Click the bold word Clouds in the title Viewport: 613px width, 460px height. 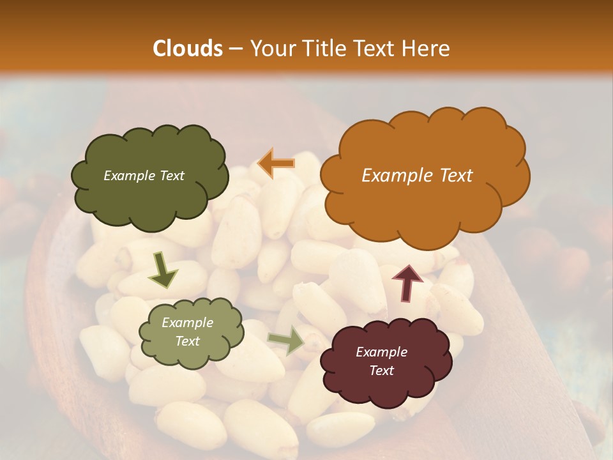tap(188, 49)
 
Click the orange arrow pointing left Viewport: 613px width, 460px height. tap(276, 164)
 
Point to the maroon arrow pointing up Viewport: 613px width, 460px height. tap(407, 282)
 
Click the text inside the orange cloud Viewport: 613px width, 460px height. tap(417, 176)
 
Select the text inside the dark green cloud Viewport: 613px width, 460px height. tap(144, 176)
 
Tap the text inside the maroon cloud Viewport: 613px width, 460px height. tap(381, 361)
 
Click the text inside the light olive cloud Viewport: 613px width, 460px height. tap(187, 332)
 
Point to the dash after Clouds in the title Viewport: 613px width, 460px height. tap(235, 49)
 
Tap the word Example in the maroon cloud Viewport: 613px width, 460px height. tap(381, 352)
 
